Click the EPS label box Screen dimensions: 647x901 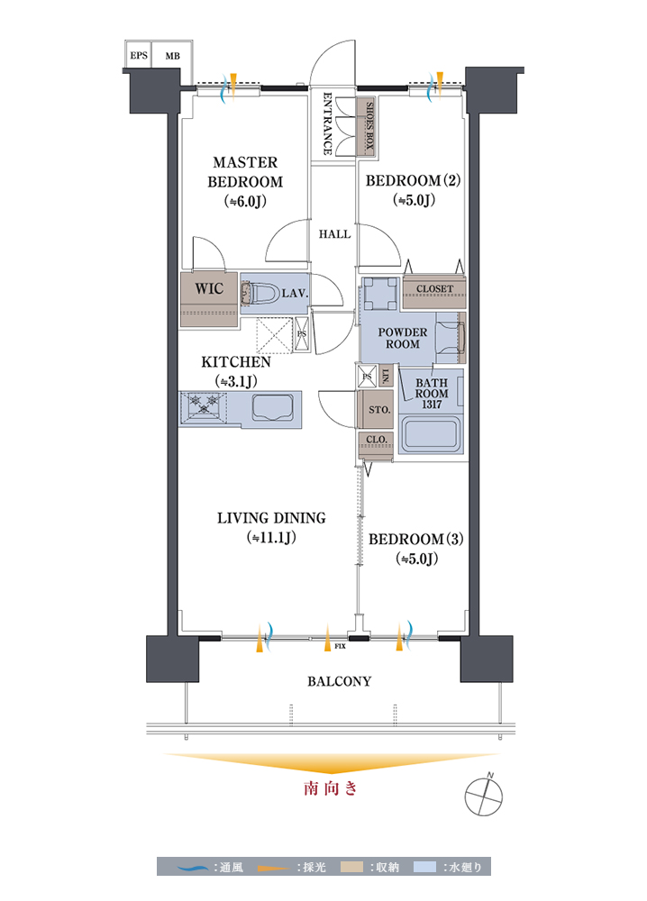pyautogui.click(x=139, y=55)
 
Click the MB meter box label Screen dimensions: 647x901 pyautogui.click(x=172, y=56)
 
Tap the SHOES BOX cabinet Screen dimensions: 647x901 pyautogui.click(x=367, y=126)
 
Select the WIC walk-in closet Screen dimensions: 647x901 pyautogui.click(x=209, y=299)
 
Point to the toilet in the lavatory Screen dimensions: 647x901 pyautogui.click(x=260, y=294)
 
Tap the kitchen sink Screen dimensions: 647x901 pyautogui.click(x=273, y=408)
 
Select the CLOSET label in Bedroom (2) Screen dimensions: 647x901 pyautogui.click(x=435, y=289)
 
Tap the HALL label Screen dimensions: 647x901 pyautogui.click(x=335, y=234)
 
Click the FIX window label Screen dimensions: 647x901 pyautogui.click(x=340, y=646)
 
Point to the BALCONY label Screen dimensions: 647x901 pyautogui.click(x=340, y=681)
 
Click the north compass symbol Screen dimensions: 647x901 pyautogui.click(x=484, y=796)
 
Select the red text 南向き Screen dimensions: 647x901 pyautogui.click(x=331, y=788)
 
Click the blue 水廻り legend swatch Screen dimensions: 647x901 pyautogui.click(x=424, y=867)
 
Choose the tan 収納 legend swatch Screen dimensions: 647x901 pyautogui.click(x=351, y=867)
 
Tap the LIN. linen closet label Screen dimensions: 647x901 pyautogui.click(x=387, y=376)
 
